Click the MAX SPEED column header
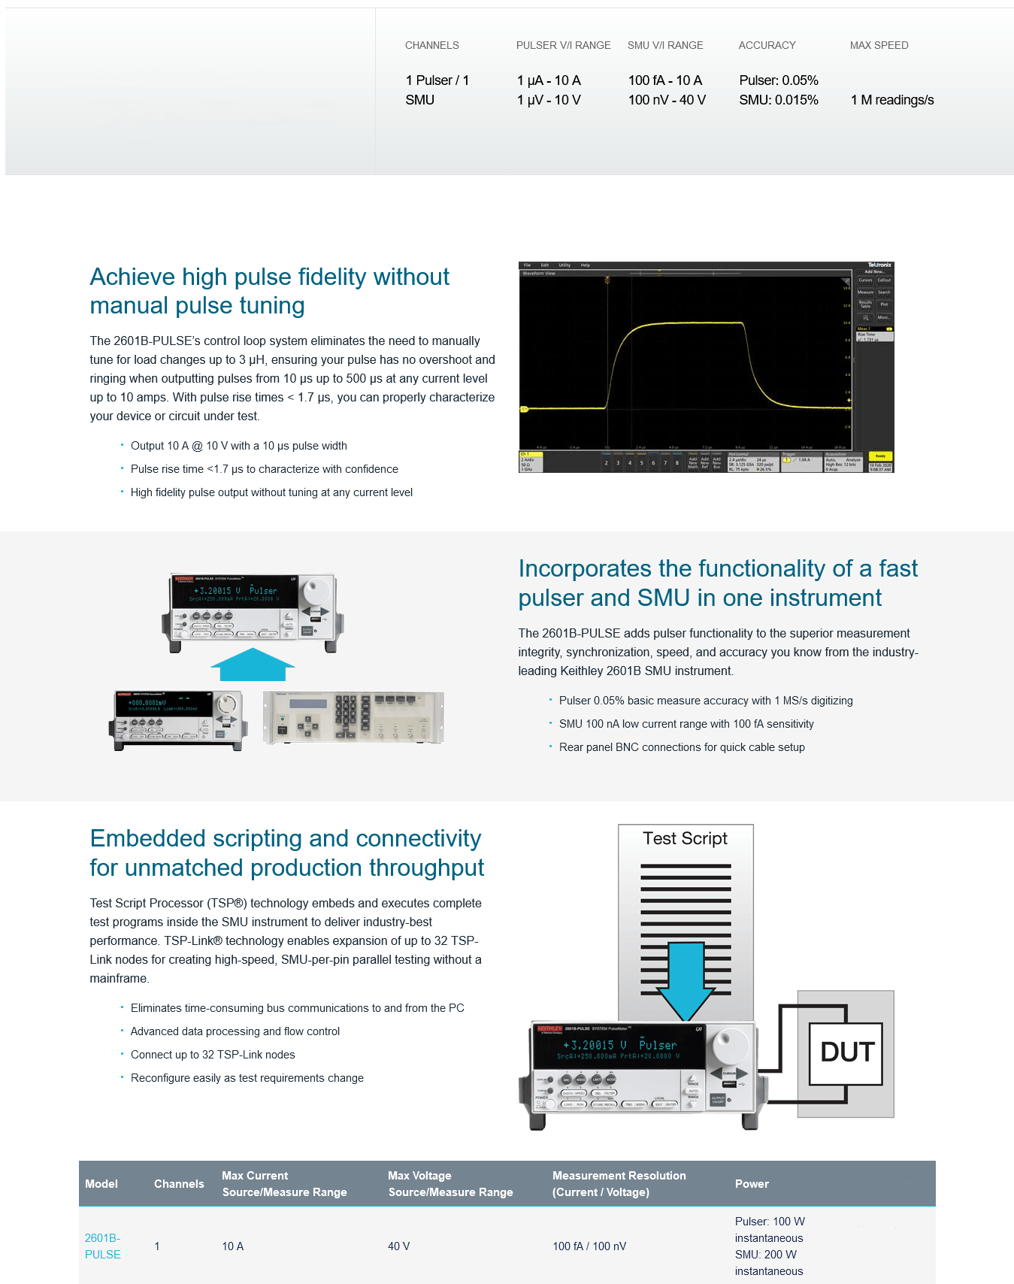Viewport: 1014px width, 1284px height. point(879,45)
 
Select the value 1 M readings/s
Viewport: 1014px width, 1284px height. point(892,100)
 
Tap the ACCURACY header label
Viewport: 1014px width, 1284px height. point(767,45)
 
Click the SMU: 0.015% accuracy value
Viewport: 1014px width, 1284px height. point(778,100)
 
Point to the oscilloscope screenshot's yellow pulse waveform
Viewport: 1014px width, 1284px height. point(677,324)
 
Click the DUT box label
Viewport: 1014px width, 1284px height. point(847,1052)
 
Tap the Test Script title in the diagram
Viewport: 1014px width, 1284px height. point(685,838)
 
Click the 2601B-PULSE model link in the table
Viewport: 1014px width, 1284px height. point(102,1246)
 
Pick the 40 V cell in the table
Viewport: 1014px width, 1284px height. point(398,1246)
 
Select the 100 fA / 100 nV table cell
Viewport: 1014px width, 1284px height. point(589,1246)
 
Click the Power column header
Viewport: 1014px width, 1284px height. point(752,1184)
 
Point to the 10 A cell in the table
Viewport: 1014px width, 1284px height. point(232,1246)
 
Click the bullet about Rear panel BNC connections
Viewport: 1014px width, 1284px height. point(682,747)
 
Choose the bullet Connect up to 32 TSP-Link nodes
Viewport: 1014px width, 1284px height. point(213,1055)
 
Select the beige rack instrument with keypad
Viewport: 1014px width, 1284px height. point(353,717)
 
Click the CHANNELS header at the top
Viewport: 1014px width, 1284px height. point(431,45)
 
